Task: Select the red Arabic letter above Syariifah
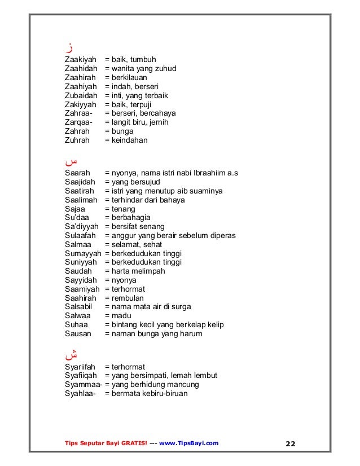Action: pos(71,355)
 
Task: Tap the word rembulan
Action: pos(129,298)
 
